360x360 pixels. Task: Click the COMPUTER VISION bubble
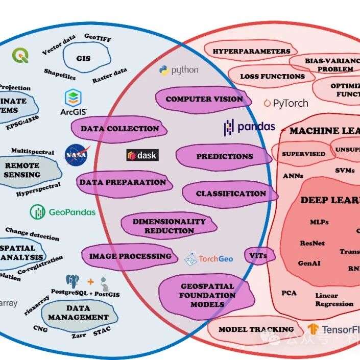point(204,100)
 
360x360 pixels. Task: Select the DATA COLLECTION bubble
point(119,129)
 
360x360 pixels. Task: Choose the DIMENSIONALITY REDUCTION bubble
point(169,226)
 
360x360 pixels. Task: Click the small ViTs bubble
point(259,256)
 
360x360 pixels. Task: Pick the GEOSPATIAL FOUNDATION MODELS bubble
point(207,295)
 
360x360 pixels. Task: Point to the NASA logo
point(76,155)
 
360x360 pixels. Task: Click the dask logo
point(142,155)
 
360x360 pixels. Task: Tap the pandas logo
point(249,127)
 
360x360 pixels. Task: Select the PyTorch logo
point(286,103)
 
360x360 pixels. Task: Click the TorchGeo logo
point(209,259)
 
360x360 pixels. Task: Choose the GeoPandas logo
point(63,211)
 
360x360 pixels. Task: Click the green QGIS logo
point(21,55)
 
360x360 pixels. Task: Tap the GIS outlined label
point(83,59)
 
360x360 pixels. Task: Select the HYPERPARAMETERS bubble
point(251,52)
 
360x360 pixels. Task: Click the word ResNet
point(312,243)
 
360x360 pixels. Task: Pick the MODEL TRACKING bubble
point(256,329)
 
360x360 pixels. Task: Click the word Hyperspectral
point(38,189)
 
